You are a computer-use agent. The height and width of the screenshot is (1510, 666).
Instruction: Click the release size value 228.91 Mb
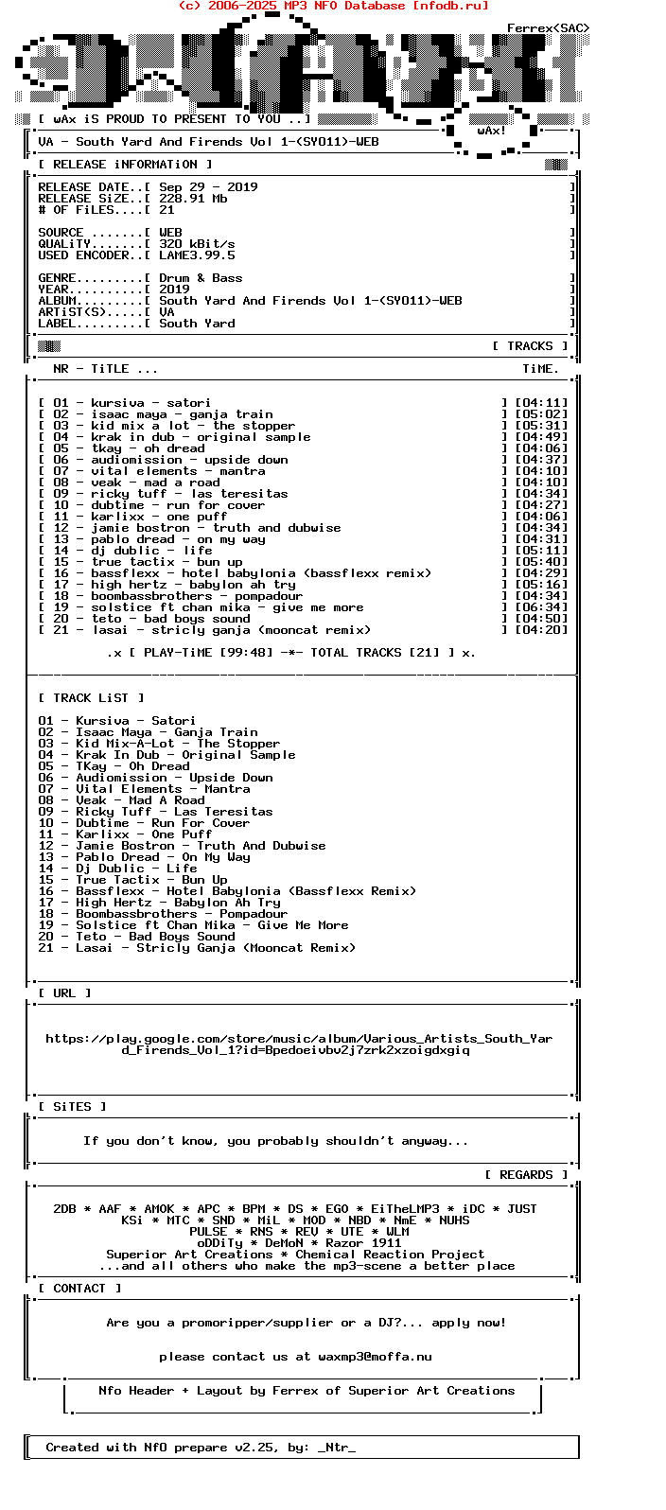click(193, 199)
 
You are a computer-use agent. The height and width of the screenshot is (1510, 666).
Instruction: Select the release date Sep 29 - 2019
click(208, 187)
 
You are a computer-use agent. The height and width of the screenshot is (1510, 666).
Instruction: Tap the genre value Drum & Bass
click(201, 278)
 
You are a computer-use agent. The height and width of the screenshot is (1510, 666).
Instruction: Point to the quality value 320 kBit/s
click(197, 244)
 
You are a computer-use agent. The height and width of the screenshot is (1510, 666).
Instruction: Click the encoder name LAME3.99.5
click(197, 255)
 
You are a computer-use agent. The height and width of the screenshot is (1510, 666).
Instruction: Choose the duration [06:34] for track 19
click(541, 607)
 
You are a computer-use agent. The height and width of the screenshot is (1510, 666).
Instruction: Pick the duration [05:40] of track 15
click(541, 562)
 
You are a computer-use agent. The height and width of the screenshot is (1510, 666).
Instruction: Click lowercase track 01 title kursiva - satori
click(150, 403)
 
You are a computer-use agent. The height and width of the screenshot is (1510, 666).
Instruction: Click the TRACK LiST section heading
click(91, 698)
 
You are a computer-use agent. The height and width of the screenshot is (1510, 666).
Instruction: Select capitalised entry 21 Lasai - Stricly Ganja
click(197, 948)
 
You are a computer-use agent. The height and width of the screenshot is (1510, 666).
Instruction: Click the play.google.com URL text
click(299, 1045)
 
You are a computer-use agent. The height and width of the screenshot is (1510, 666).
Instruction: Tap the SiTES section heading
click(73, 1107)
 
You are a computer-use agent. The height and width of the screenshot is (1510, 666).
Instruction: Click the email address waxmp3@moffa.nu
click(375, 1357)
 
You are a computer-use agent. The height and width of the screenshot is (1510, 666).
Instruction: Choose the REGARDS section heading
click(526, 1175)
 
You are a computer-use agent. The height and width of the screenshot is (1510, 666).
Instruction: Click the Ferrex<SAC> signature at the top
click(548, 28)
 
